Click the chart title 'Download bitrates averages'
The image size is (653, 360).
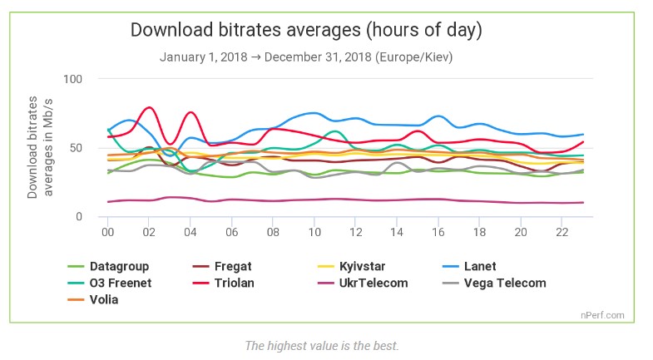click(x=306, y=31)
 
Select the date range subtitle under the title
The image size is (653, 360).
click(x=306, y=57)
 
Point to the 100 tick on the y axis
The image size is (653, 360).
click(x=73, y=79)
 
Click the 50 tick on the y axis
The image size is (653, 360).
click(x=77, y=148)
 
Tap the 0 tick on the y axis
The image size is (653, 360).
click(x=80, y=217)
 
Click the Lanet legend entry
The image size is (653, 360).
click(x=480, y=267)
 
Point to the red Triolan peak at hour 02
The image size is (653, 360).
click(x=149, y=107)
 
